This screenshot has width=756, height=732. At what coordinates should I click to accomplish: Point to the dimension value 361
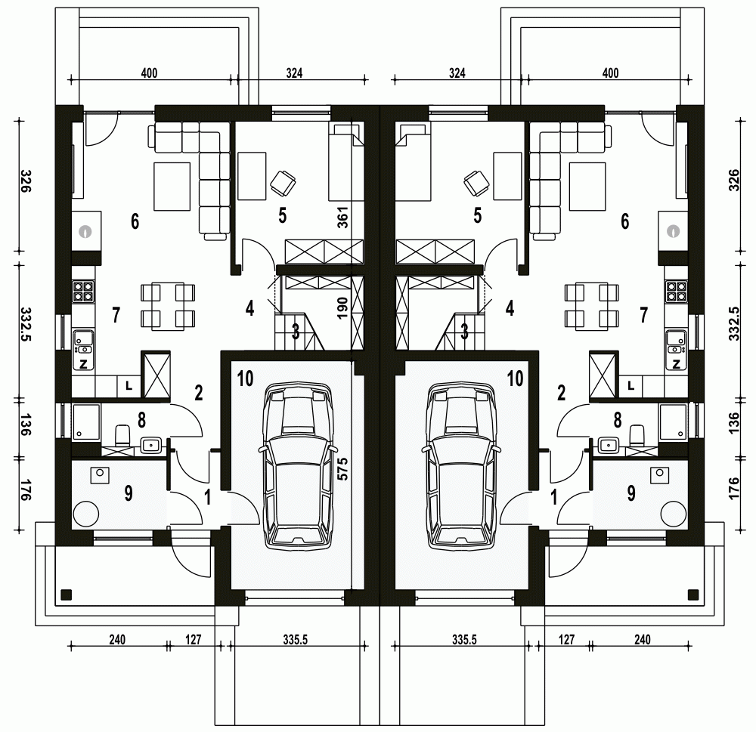click(x=342, y=218)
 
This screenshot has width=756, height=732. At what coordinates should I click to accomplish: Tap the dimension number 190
click(x=342, y=308)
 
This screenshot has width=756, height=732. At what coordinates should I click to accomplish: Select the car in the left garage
click(x=297, y=466)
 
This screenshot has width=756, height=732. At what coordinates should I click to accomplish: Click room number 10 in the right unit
click(x=515, y=378)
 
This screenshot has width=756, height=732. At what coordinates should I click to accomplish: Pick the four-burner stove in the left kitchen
click(x=82, y=291)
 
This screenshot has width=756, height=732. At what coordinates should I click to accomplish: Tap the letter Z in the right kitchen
click(x=676, y=364)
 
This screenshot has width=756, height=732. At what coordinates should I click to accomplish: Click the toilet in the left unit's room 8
click(x=123, y=434)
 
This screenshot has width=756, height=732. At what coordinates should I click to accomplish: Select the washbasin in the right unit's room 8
click(x=609, y=445)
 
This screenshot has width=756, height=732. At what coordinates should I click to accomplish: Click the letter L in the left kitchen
click(x=129, y=385)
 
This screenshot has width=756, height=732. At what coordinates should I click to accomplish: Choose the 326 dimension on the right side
click(x=734, y=181)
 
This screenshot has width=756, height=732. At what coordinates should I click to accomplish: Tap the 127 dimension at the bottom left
click(x=193, y=640)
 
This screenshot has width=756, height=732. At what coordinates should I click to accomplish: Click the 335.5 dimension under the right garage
click(x=464, y=640)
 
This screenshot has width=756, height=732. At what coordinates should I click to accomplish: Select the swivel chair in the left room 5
click(x=283, y=183)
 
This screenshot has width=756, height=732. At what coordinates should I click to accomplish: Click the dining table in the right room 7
click(x=592, y=307)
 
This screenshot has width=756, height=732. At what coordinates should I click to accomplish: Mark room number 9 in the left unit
click(x=129, y=493)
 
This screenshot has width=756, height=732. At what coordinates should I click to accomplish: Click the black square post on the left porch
click(x=66, y=595)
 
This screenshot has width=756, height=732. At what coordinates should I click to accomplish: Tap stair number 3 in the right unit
click(x=464, y=332)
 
